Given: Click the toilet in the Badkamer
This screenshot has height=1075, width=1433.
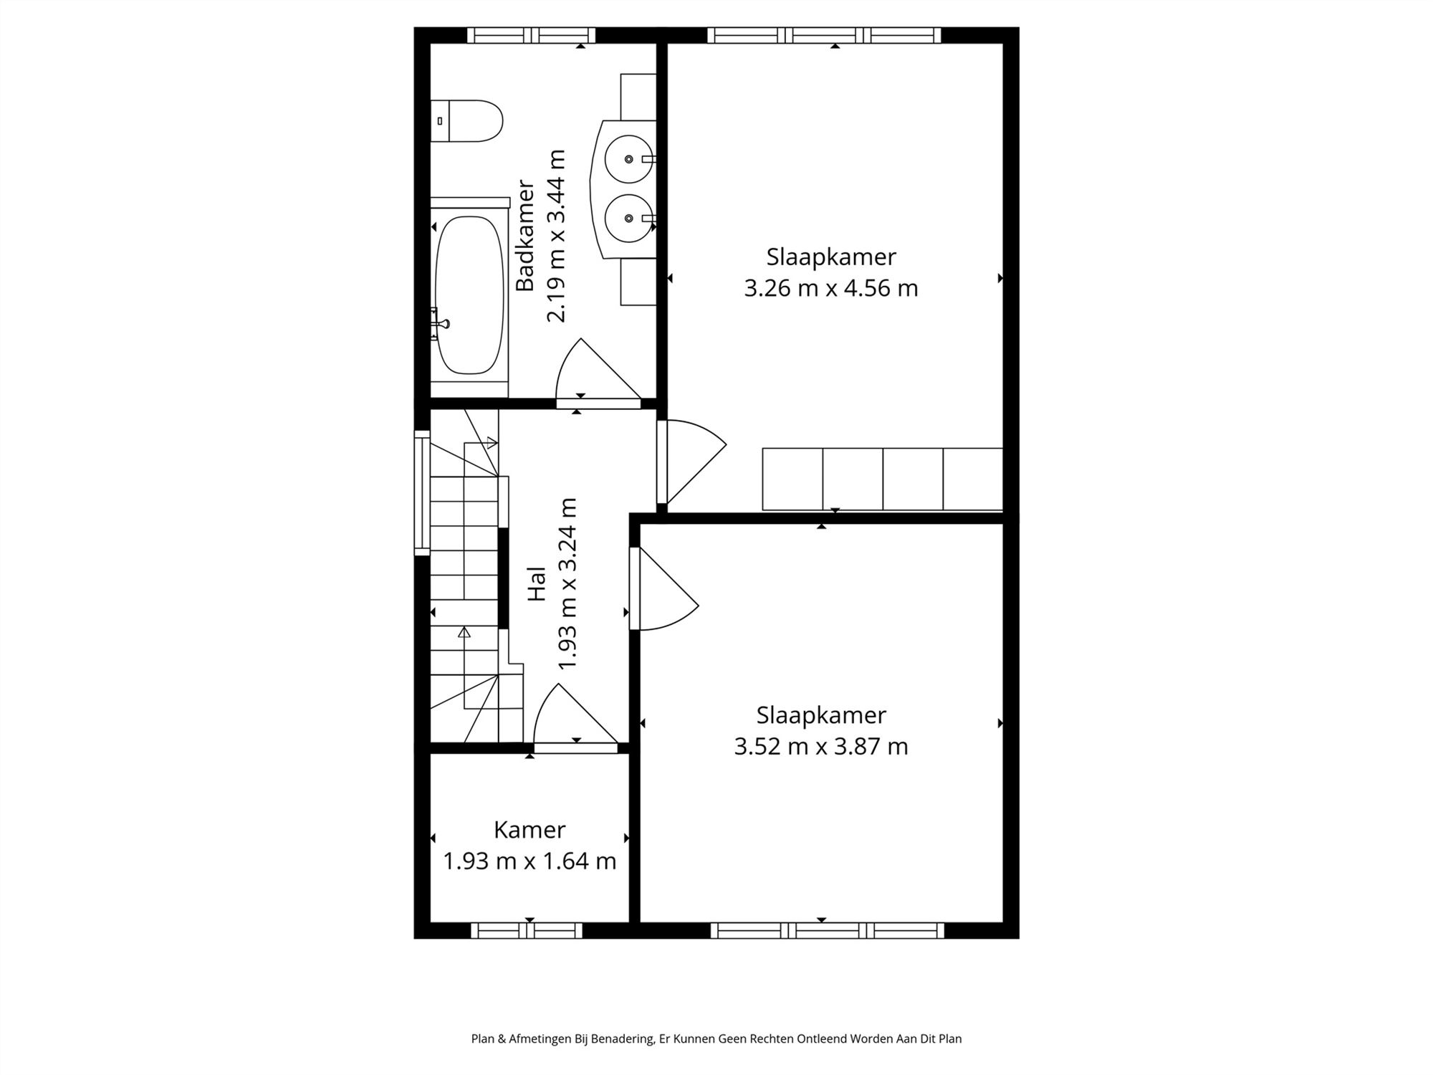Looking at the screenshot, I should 469,121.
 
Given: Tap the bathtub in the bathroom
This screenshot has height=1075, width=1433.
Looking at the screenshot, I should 469,295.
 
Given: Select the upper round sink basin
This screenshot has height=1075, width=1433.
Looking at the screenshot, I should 628,159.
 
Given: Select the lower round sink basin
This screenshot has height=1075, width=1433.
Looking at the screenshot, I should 628,218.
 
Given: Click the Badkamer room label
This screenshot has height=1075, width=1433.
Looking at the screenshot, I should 526,236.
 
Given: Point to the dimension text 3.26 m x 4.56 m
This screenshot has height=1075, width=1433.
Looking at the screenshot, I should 831,288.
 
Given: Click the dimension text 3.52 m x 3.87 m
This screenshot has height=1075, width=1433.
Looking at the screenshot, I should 821,747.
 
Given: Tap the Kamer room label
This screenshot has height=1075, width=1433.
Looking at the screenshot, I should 529,830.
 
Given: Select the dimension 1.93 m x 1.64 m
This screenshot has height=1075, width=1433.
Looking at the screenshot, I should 529,861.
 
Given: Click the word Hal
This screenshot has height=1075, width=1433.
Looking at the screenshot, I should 537,584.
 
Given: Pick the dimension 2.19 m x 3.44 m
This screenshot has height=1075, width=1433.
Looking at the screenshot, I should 557,236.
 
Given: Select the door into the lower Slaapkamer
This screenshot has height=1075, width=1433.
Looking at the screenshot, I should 663,589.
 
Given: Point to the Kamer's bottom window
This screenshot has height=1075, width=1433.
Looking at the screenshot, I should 527,930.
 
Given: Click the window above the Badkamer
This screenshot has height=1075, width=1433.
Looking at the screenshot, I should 531,35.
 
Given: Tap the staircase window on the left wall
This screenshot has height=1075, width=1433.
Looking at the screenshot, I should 422,493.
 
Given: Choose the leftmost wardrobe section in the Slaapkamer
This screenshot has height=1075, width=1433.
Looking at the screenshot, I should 792,479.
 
